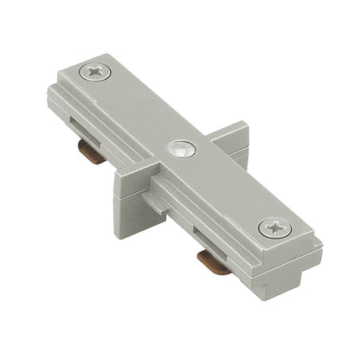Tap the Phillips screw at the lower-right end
coord(274,229)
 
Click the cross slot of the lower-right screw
coord(274,229)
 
